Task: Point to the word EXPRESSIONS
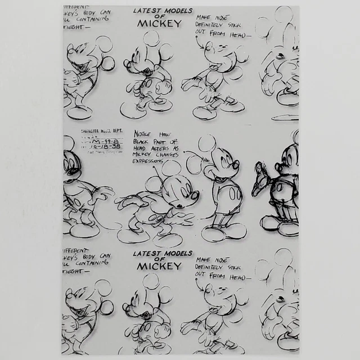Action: coord(147,161)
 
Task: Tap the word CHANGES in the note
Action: coord(168,153)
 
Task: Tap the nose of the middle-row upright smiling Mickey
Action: coord(236,165)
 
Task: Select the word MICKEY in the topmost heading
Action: coord(160,24)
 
